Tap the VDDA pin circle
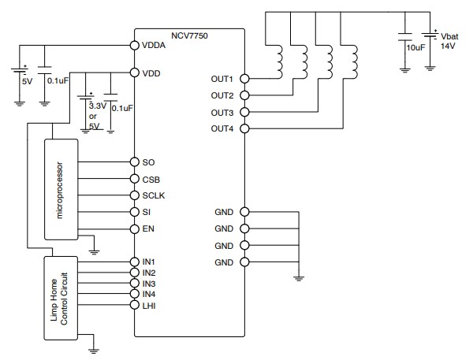click(x=135, y=46)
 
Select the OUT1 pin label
click(x=222, y=80)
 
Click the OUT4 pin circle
click(x=244, y=128)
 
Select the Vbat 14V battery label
click(x=449, y=42)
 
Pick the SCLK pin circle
click(x=135, y=195)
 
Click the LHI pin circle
click(x=135, y=305)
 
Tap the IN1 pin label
click(x=150, y=262)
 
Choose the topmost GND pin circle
click(x=244, y=212)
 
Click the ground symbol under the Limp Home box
click(x=93, y=345)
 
